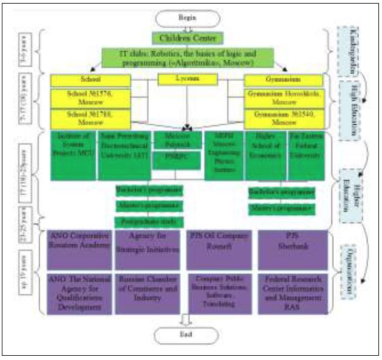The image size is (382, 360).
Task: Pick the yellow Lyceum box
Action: (187, 80)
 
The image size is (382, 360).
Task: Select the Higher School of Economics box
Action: (265, 154)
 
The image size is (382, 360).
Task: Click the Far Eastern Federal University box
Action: (306, 154)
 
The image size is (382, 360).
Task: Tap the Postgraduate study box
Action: (148, 221)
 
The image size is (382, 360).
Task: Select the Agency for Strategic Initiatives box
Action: (148, 248)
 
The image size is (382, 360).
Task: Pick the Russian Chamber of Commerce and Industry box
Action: (148, 292)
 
